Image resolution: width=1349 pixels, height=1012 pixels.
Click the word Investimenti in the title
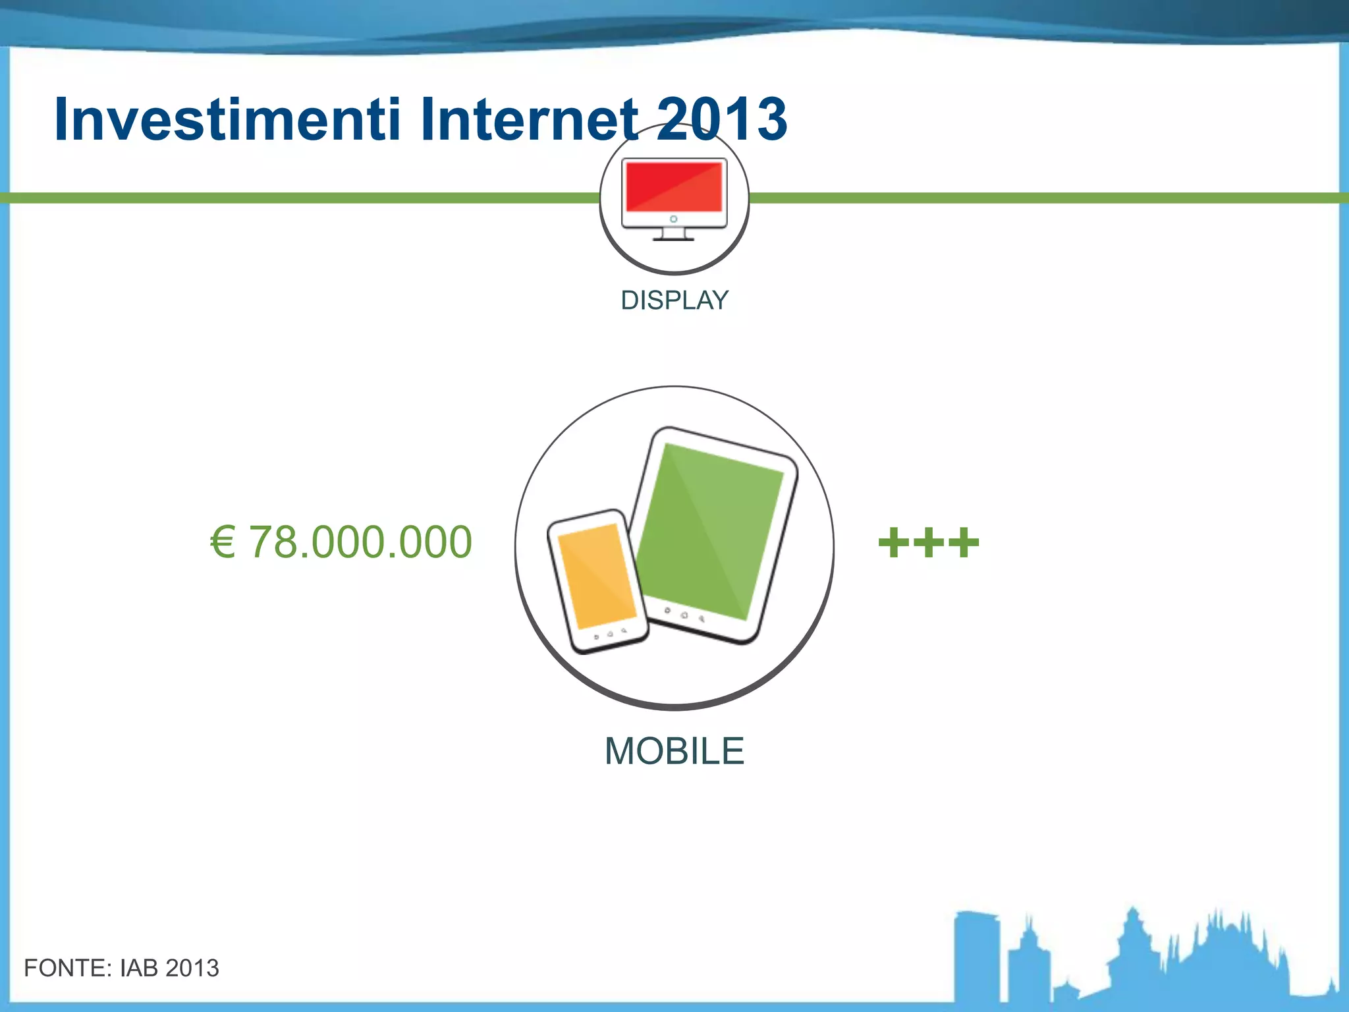point(227,119)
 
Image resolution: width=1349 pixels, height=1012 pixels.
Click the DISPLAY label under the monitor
point(674,300)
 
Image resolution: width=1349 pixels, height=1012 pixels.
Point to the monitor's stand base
point(673,237)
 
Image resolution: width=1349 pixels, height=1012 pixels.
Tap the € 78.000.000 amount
point(341,542)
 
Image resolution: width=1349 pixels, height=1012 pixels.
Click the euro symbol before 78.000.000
point(223,542)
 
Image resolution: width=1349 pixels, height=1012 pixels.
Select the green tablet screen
point(711,530)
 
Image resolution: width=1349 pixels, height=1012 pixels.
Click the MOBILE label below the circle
point(674,751)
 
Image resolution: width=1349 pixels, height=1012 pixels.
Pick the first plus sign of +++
point(894,543)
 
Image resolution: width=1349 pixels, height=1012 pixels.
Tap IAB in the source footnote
point(140,968)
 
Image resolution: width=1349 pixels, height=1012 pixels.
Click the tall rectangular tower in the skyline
point(976,955)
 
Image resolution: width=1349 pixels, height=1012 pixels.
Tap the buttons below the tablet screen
point(684,614)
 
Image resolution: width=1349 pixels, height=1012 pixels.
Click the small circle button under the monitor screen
point(673,219)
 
